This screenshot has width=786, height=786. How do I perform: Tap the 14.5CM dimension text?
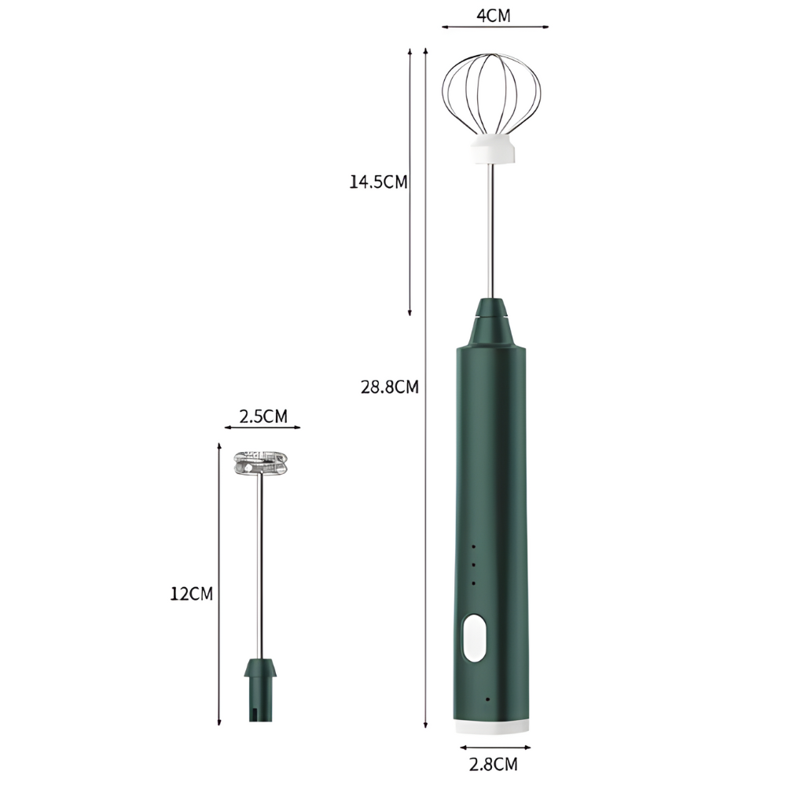pos(379,182)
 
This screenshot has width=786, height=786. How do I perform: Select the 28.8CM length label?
pos(389,387)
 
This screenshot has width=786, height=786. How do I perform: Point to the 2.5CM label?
pos(263,416)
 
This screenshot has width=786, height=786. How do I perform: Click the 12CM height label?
pos(192,593)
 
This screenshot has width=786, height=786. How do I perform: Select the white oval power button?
pos(474,637)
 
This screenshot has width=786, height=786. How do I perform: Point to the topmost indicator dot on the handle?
pos(474,546)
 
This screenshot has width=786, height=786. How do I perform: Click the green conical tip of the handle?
pos(494,322)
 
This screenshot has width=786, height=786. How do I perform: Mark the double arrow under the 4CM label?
pos(494,27)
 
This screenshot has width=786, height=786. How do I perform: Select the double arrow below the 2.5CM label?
pos(263,428)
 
